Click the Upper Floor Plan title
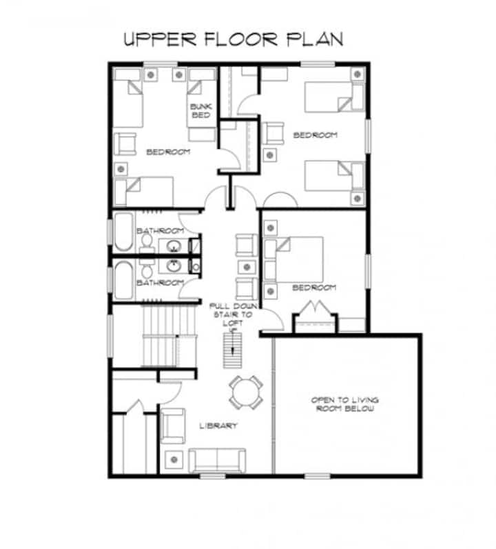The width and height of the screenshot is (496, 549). point(234,39)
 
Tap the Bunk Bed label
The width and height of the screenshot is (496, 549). point(200,110)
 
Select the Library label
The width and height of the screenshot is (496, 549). point(218,426)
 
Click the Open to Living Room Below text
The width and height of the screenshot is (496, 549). point(345,404)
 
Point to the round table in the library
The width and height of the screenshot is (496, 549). point(246,392)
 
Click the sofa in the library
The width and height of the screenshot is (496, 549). point(217,460)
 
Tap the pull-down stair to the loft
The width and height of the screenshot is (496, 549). point(233,350)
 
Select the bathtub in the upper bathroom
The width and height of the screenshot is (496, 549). point(124,232)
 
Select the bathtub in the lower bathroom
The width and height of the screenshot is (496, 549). point(124,281)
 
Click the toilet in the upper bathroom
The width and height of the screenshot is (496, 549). point(147,243)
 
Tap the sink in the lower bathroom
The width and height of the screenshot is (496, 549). point(173,266)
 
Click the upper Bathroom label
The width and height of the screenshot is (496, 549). point(161,231)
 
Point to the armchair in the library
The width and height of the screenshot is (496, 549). point(172,426)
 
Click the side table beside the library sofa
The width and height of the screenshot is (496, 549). point(174,460)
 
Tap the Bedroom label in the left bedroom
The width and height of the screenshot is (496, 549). point(168,152)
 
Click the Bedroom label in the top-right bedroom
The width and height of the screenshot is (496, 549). point(315,134)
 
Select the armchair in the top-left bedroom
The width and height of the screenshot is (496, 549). point(125,143)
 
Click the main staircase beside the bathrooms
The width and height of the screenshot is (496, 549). point(169,335)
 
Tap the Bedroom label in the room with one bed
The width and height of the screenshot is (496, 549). point(314,288)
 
